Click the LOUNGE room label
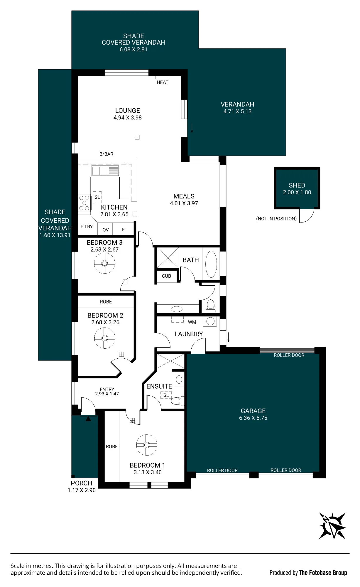click(128, 111)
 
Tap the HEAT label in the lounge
click(163, 82)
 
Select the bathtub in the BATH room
click(211, 264)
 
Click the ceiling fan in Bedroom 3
click(105, 263)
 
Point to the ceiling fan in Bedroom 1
click(147, 445)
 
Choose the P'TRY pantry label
click(87, 227)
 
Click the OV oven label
click(106, 230)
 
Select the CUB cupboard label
click(166, 276)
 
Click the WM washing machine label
click(192, 322)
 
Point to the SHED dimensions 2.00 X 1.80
click(297, 193)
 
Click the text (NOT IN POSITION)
click(276, 219)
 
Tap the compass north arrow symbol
click(332, 526)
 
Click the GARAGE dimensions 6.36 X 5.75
click(253, 418)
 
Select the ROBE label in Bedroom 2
click(106, 302)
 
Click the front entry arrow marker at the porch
click(88, 419)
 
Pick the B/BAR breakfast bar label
click(106, 154)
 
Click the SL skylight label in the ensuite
click(166, 395)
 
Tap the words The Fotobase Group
click(323, 573)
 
